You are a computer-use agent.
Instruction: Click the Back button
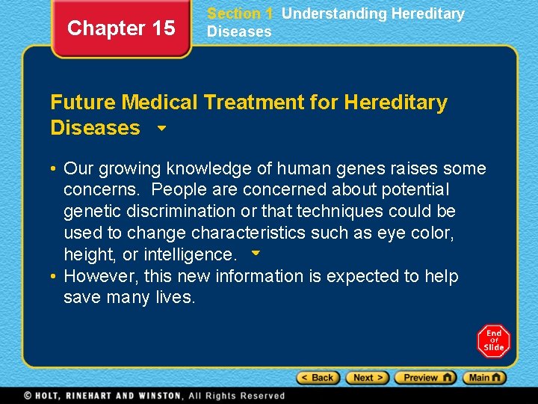[x=318, y=378]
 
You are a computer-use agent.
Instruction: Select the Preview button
[x=425, y=378]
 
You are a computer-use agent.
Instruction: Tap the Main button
[x=484, y=378]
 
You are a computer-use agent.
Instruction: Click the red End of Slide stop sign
[x=493, y=341]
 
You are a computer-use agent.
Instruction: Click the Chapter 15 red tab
[x=121, y=28]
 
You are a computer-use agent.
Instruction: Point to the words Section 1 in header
[x=240, y=13]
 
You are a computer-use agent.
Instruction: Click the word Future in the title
[x=83, y=102]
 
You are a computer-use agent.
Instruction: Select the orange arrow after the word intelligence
[x=256, y=254]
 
